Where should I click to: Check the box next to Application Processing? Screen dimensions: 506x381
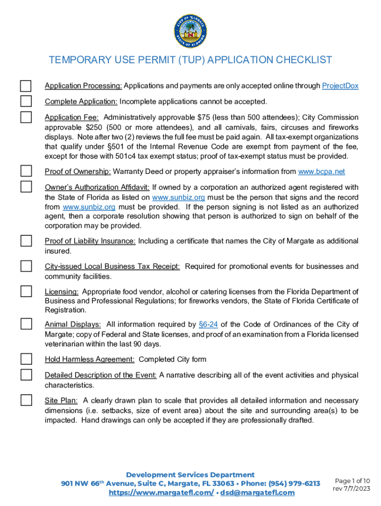tap(26, 86)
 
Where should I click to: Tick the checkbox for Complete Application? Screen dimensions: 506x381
tap(26, 102)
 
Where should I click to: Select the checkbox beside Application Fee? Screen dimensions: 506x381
tap(26, 118)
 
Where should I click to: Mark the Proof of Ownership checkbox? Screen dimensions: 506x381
tap(26, 171)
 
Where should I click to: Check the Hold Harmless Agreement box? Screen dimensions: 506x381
tap(26, 359)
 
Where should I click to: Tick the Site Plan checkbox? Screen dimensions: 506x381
tap(26, 400)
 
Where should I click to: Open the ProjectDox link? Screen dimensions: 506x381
tap(340, 86)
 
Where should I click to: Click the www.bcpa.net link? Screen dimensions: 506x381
tap(322, 171)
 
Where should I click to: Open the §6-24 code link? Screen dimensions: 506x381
tap(208, 324)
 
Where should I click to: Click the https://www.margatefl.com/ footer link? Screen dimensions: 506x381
tap(161, 493)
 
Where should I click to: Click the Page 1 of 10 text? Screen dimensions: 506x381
tap(352, 481)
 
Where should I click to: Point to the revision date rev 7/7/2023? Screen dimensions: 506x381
tap(351, 489)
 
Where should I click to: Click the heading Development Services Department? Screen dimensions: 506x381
tap(190, 474)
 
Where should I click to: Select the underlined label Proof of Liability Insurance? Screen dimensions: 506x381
tap(90, 241)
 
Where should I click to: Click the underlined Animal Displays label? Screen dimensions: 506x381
tap(73, 324)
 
